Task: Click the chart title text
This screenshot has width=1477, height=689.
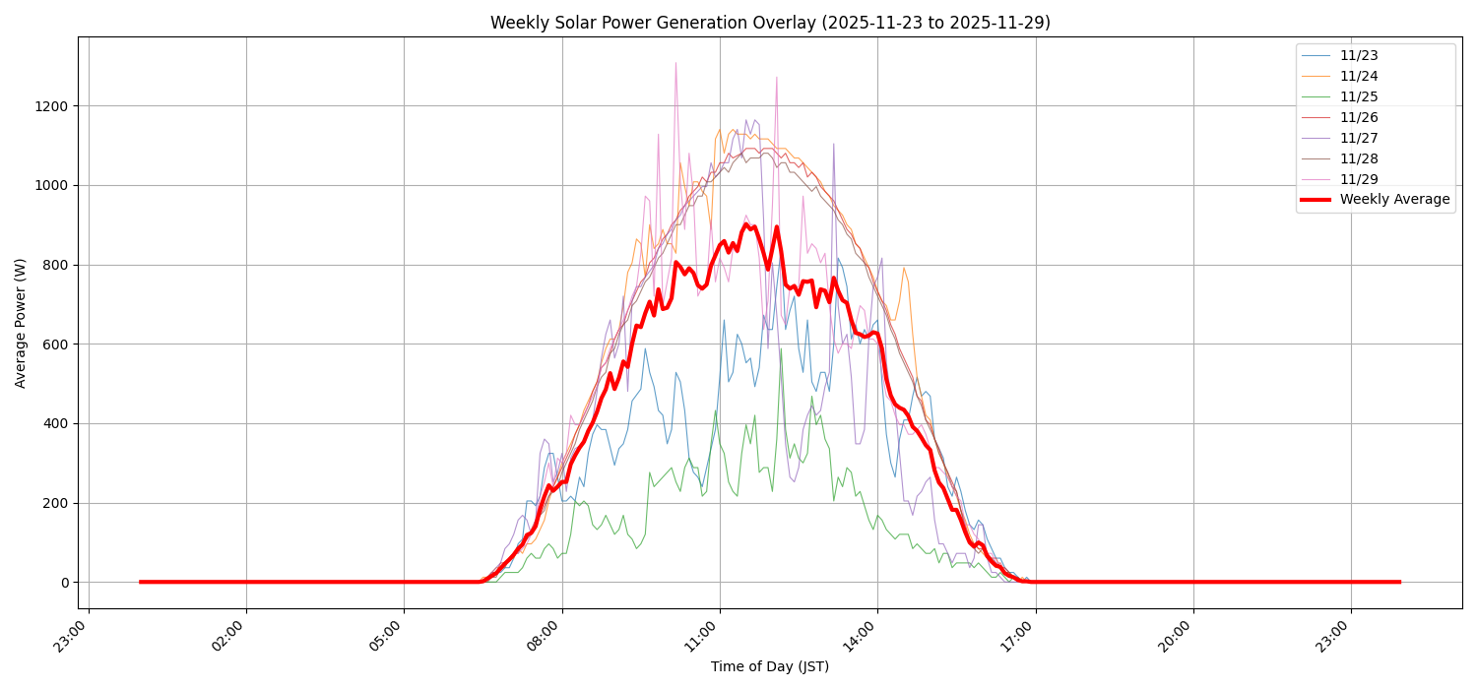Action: coord(770,23)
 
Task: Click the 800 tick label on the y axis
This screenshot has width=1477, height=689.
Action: coord(55,265)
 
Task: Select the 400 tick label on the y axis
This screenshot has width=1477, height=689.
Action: coord(55,423)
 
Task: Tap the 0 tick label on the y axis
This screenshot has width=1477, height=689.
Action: coord(64,583)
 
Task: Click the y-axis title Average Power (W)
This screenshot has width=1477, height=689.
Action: coord(21,323)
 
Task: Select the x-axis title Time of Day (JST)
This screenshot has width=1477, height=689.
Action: coord(770,666)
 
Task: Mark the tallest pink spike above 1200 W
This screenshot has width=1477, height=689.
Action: coord(675,64)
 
